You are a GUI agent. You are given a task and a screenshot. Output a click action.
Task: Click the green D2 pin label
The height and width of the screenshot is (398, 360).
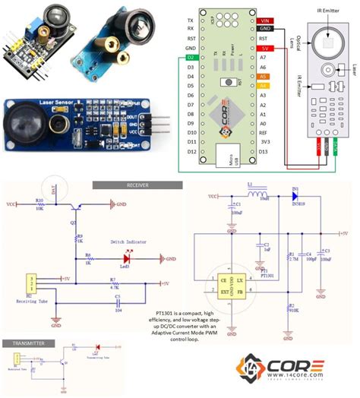(190, 58)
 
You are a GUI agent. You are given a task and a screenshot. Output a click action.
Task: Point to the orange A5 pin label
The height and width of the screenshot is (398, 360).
(263, 77)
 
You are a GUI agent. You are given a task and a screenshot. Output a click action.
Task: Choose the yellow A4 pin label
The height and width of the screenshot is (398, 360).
(263, 87)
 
